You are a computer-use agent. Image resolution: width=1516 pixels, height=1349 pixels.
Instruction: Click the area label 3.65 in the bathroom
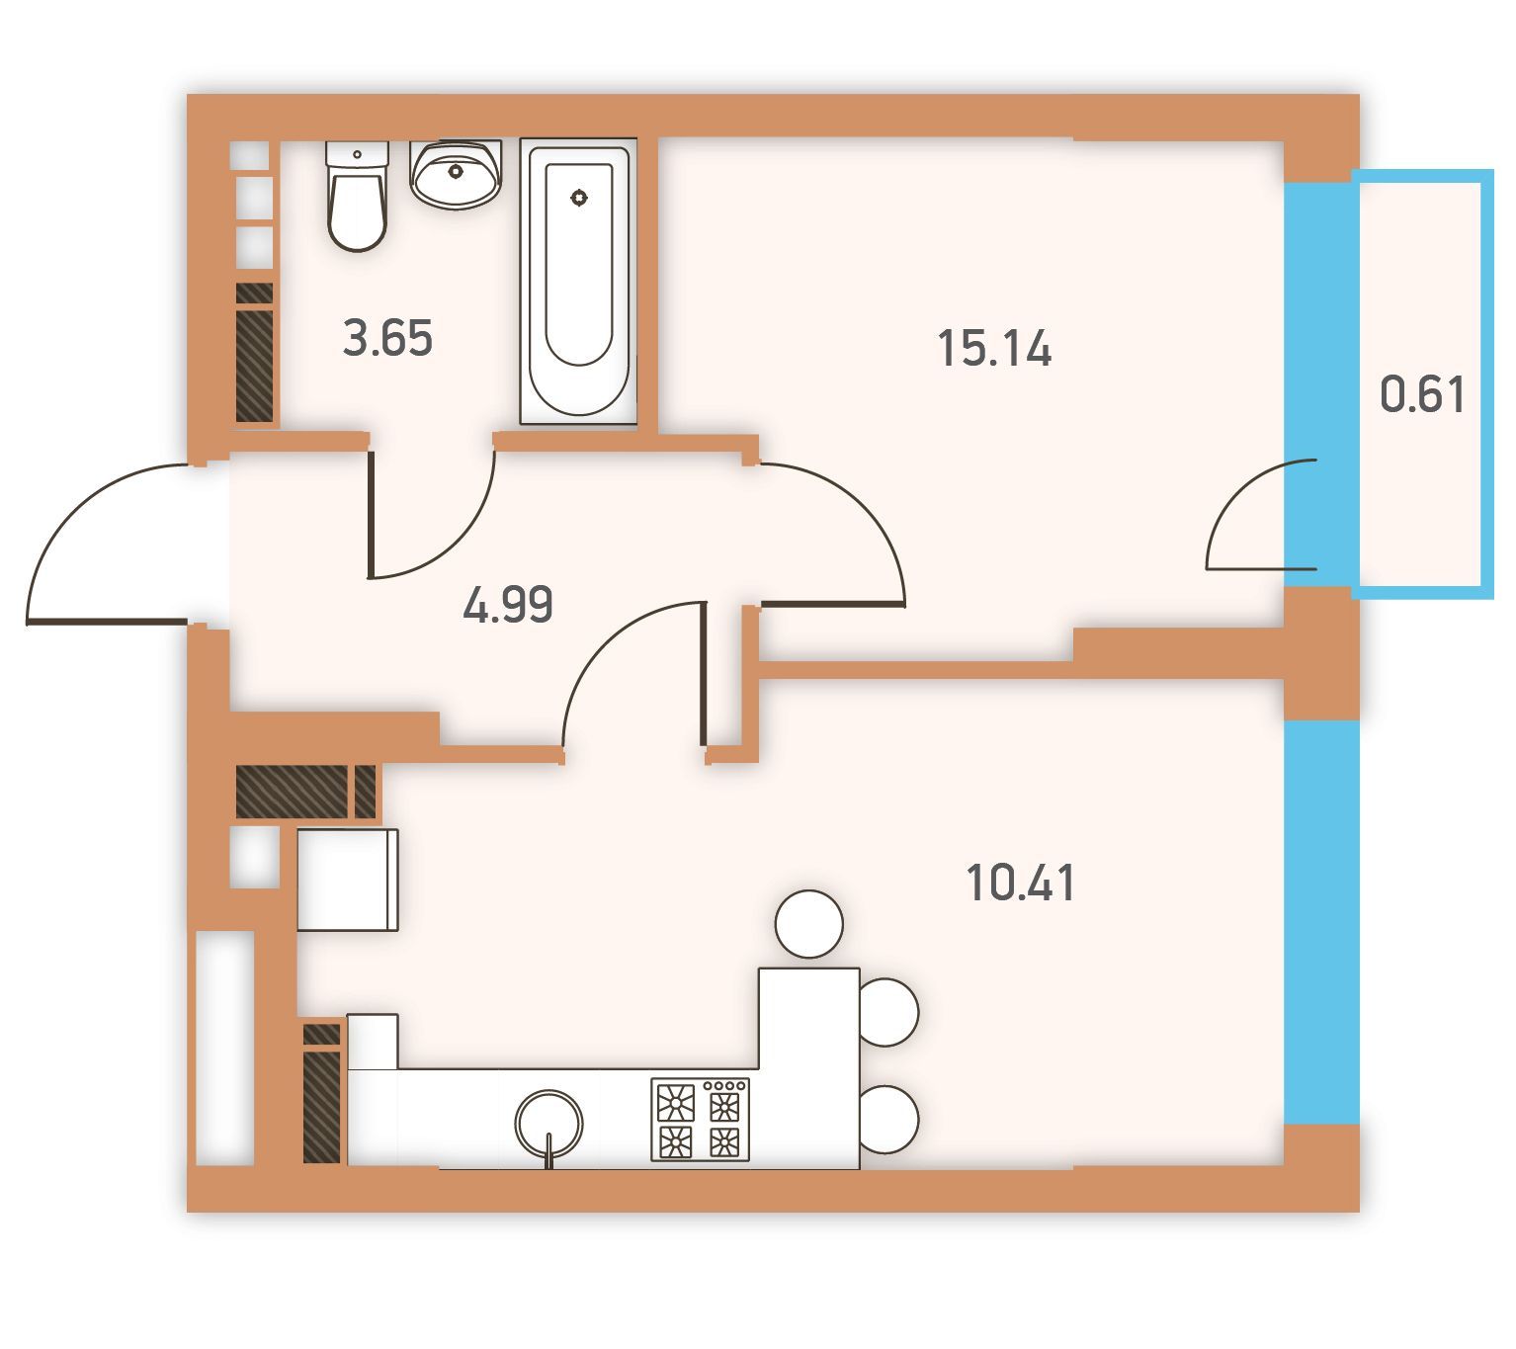pos(387,337)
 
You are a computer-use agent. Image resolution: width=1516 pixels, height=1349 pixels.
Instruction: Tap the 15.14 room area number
pos(994,349)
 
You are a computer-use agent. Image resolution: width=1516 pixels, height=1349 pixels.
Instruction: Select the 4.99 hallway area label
pos(508,605)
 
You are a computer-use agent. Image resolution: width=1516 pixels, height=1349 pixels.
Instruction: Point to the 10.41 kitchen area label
pos(1020,883)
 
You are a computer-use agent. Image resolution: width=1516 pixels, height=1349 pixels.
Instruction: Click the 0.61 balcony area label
pos(1422,394)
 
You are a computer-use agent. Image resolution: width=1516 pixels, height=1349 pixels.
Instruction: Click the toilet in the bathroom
pos(358,196)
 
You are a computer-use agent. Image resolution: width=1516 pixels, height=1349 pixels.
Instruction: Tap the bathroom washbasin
pos(456,174)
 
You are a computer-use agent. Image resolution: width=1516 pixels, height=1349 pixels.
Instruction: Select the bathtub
pos(578,282)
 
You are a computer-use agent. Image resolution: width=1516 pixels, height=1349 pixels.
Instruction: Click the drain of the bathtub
pos(579,198)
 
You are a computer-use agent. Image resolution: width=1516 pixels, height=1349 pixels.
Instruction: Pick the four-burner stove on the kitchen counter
pos(700,1120)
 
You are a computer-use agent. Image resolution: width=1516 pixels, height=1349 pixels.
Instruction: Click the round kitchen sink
pos(548,1123)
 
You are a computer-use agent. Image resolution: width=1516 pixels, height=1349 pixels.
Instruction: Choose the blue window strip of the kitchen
pos(1321,922)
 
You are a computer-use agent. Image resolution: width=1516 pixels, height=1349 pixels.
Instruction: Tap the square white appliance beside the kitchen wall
pos(347,880)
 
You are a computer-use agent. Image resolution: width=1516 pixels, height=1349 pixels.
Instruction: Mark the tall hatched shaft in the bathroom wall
pos(254,366)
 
